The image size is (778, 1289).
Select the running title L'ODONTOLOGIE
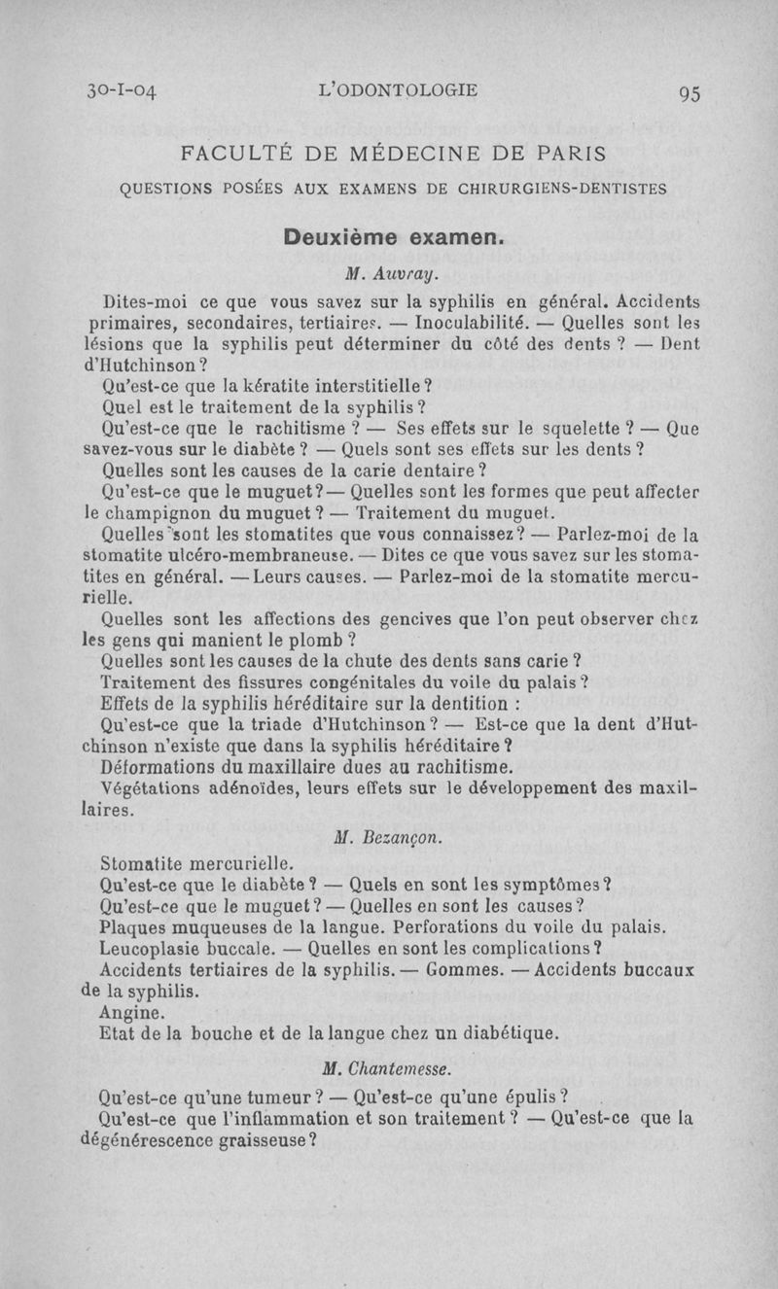coord(398,91)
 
